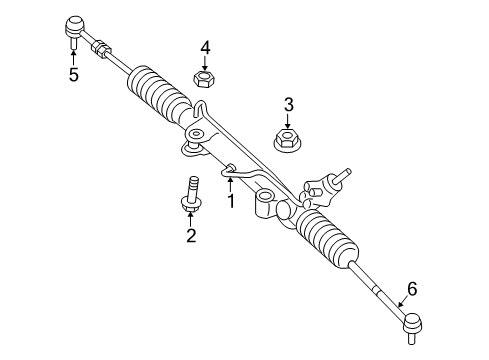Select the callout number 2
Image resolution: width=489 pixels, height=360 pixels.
pos(188,235)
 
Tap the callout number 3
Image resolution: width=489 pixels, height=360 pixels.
pos(288,104)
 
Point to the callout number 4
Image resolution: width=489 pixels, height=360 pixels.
pos(204,46)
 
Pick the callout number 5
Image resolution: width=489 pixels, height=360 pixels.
pos(73,74)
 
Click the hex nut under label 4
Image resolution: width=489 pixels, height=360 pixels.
pos(204,77)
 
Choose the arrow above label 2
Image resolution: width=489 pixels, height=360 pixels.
pos(188,217)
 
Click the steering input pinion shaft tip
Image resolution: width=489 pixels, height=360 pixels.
pos(348,171)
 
